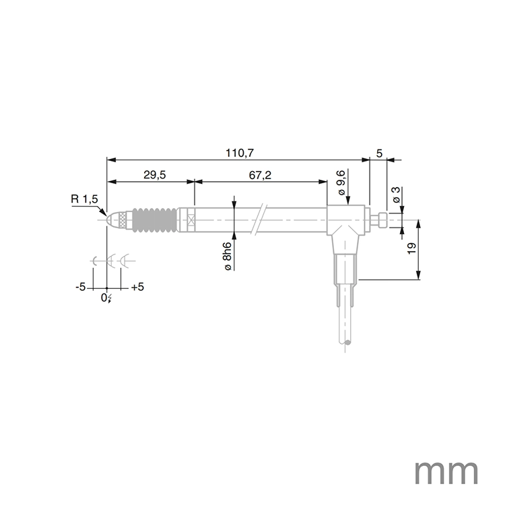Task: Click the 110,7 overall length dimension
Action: [239, 153]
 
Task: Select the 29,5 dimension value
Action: [155, 175]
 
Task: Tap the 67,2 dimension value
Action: [260, 175]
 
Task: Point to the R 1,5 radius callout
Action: [84, 199]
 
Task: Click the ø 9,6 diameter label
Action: [341, 182]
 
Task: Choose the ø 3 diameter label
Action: [397, 194]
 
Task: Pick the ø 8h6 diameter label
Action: [227, 256]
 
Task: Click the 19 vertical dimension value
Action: [411, 248]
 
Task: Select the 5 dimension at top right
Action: [379, 154]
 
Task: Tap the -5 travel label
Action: [81, 287]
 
